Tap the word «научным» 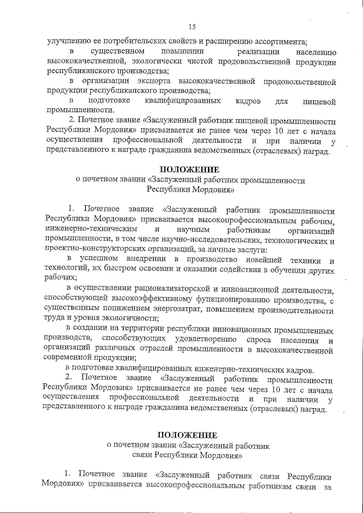[x=195, y=230]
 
